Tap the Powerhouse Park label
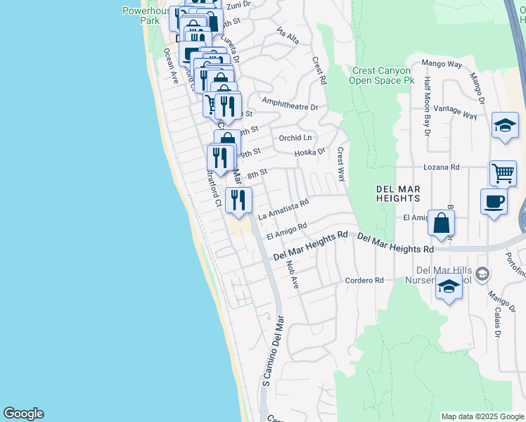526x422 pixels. [x=141, y=15]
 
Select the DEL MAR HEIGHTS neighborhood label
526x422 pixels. [x=388, y=193]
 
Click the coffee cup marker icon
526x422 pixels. [x=494, y=202]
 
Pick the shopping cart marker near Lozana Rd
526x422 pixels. [x=502, y=173]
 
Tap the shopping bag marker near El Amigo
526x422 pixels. [x=441, y=224]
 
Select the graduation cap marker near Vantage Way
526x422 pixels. [x=505, y=126]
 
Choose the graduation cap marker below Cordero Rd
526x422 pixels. [x=449, y=286]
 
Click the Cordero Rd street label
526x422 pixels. [x=364, y=280]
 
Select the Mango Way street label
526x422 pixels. [x=442, y=64]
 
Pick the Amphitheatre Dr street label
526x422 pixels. [x=289, y=108]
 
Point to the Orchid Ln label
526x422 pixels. [x=295, y=138]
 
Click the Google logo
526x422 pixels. [x=23, y=414]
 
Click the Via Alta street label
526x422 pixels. [x=289, y=36]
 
